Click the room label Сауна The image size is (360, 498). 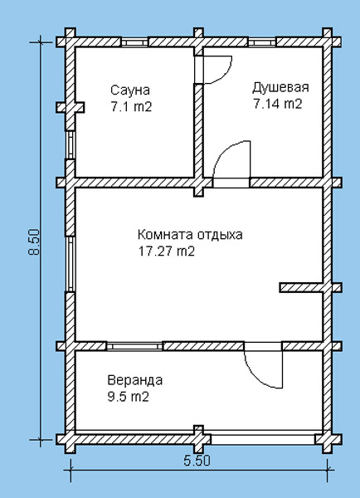coord(130,90)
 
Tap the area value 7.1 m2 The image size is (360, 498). coord(131,107)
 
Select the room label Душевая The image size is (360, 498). coord(280,87)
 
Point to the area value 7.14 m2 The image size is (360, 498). coord(277,104)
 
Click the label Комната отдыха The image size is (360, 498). coord(190,235)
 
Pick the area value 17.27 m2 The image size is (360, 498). coord(167,251)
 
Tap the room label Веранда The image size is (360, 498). coord(135,380)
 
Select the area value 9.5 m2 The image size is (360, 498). coord(129,397)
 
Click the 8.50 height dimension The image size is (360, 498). coord(34,242)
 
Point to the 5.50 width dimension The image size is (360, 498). coord(197,460)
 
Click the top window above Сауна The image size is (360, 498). coord(134,42)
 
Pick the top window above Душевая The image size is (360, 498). coord(262,42)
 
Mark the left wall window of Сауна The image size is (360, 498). coord(71,144)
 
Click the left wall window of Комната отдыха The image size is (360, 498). coord(71,264)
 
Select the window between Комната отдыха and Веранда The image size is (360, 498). coord(134,346)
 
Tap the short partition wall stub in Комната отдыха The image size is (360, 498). coord(301,287)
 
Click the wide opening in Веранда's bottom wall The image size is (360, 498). coord(263,440)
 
